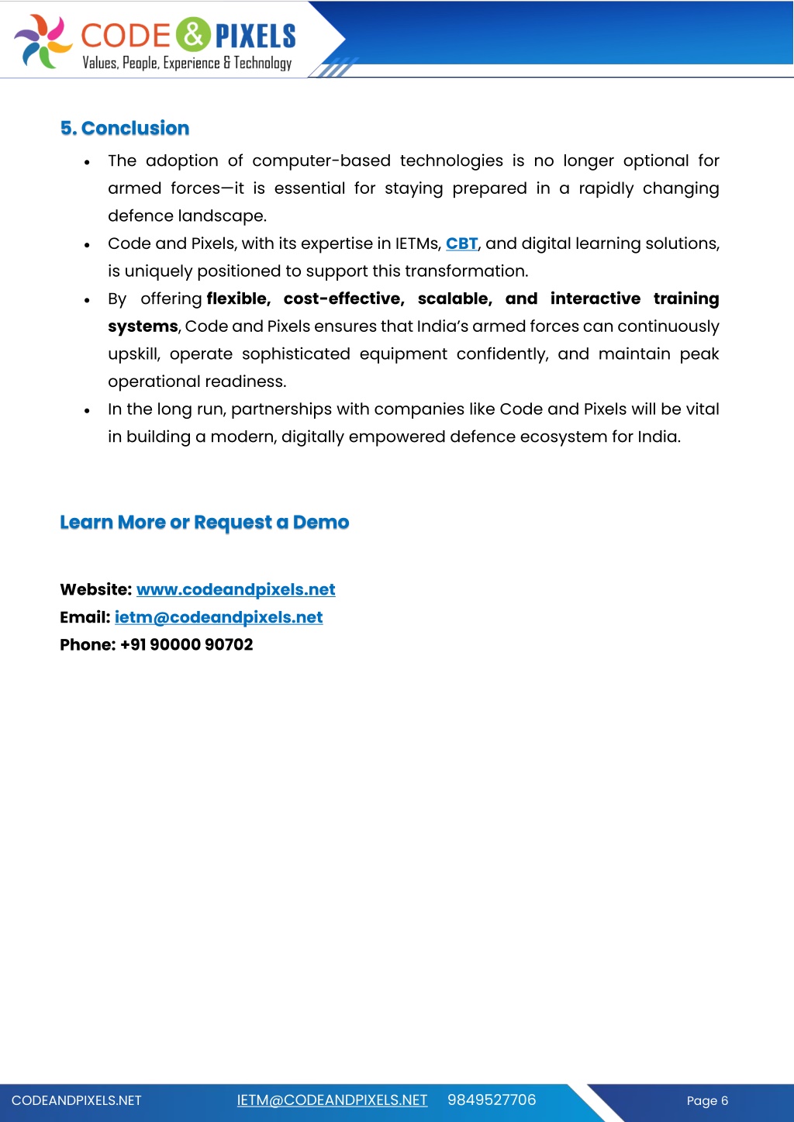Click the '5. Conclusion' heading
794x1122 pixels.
pos(125,129)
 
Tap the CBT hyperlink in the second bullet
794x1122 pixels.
pos(461,243)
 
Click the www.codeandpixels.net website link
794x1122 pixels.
pos(236,589)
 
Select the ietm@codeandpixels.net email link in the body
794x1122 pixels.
pos(219,617)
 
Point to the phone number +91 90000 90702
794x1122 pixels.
pos(186,644)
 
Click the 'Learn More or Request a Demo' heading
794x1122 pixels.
pos(205,523)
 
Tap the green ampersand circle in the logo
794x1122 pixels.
pos(193,34)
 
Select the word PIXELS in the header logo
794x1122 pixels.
pos(255,36)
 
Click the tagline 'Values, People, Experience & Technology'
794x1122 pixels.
pos(188,63)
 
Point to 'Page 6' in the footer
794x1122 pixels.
pos(707,1100)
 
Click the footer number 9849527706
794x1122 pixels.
pos(492,1100)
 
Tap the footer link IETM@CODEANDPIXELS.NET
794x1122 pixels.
pos(332,1100)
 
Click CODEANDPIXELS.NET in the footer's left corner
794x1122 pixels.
pos(77,1100)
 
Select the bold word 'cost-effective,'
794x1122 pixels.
pos(343,299)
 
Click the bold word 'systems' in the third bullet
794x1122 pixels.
pos(143,326)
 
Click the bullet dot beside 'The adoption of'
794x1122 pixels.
pos(88,162)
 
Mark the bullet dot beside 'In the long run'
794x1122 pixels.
pos(88,410)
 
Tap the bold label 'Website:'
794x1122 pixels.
pos(95,589)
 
